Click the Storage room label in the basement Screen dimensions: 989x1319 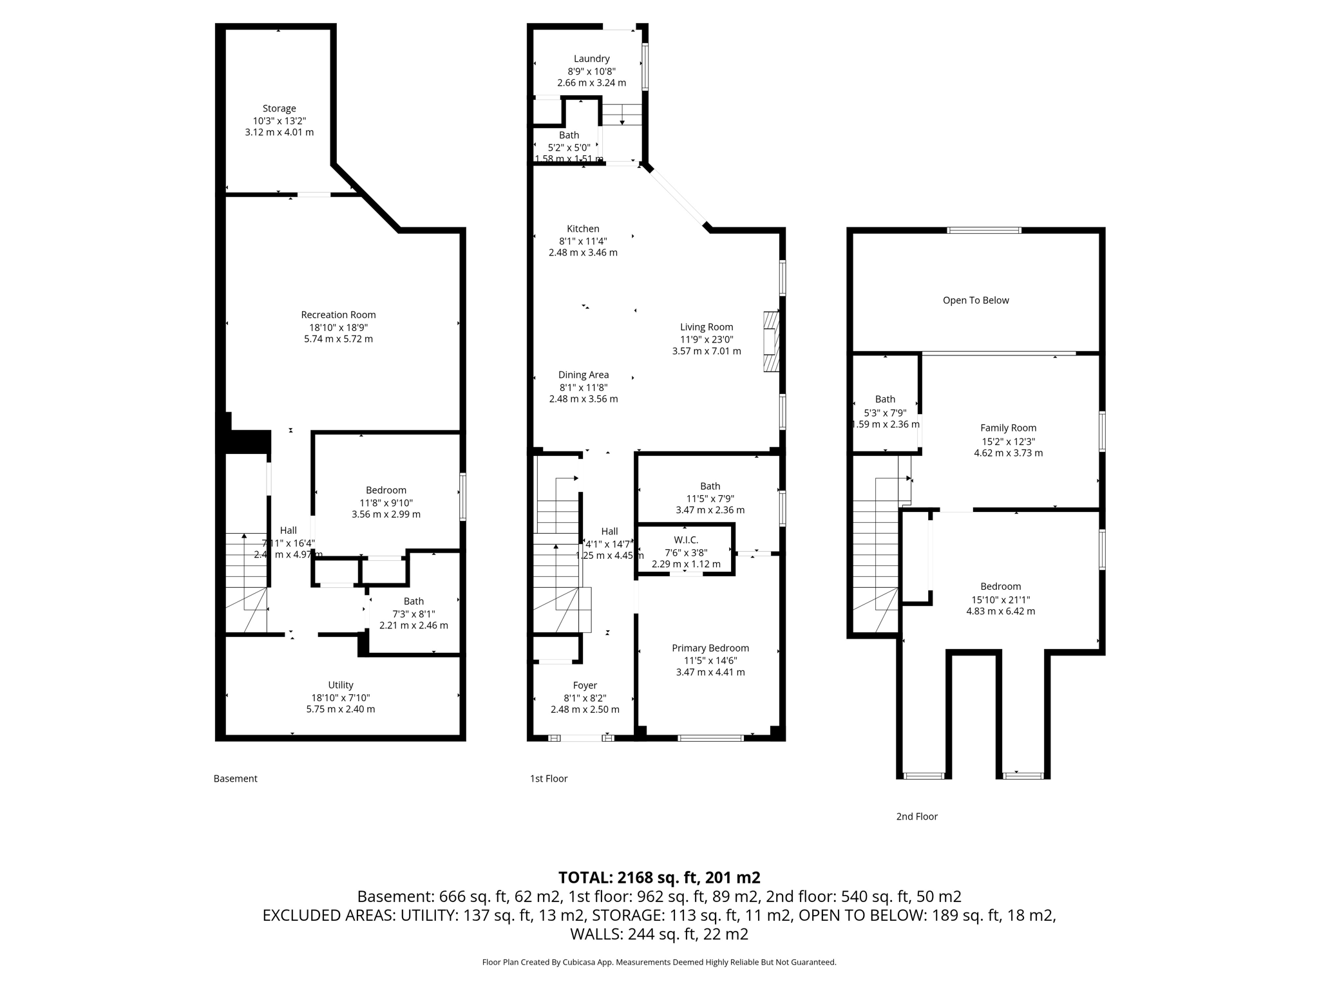click(279, 109)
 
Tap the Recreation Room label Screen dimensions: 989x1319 click(338, 315)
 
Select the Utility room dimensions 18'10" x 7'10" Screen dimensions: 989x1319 click(340, 698)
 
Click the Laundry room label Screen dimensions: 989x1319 click(591, 59)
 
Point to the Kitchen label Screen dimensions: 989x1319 click(583, 229)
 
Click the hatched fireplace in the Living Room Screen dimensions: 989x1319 click(771, 342)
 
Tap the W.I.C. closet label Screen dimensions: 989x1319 click(686, 540)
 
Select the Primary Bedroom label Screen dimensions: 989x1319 click(710, 648)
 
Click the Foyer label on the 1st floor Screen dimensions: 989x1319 click(585, 686)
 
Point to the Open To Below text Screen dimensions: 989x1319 click(975, 301)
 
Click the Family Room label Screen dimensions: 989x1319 click(1008, 428)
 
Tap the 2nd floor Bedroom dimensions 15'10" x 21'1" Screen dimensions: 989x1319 click(1000, 599)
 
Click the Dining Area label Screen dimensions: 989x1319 click(583, 375)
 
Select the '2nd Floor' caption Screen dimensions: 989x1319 click(916, 816)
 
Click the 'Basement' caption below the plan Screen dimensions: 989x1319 click(235, 778)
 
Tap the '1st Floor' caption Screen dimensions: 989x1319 click(548, 778)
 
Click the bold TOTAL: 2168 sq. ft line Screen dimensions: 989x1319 click(659, 878)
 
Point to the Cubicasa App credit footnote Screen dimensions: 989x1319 click(659, 963)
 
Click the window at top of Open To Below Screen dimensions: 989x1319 click(983, 231)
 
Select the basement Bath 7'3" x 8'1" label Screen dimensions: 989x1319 click(413, 601)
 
